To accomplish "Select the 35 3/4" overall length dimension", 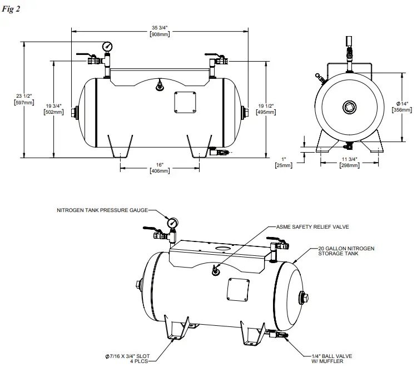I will pyautogui.click(x=160, y=31).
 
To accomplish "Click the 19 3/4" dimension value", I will pyautogui.click(x=53, y=108).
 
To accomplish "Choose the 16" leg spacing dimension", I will pyautogui.click(x=160, y=168).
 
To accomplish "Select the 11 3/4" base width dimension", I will pyautogui.click(x=349, y=163).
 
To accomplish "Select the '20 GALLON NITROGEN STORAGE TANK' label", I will pyautogui.click(x=345, y=250).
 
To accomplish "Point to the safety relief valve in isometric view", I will pyautogui.click(x=215, y=270).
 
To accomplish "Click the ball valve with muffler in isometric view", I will pyautogui.click(x=275, y=335).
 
